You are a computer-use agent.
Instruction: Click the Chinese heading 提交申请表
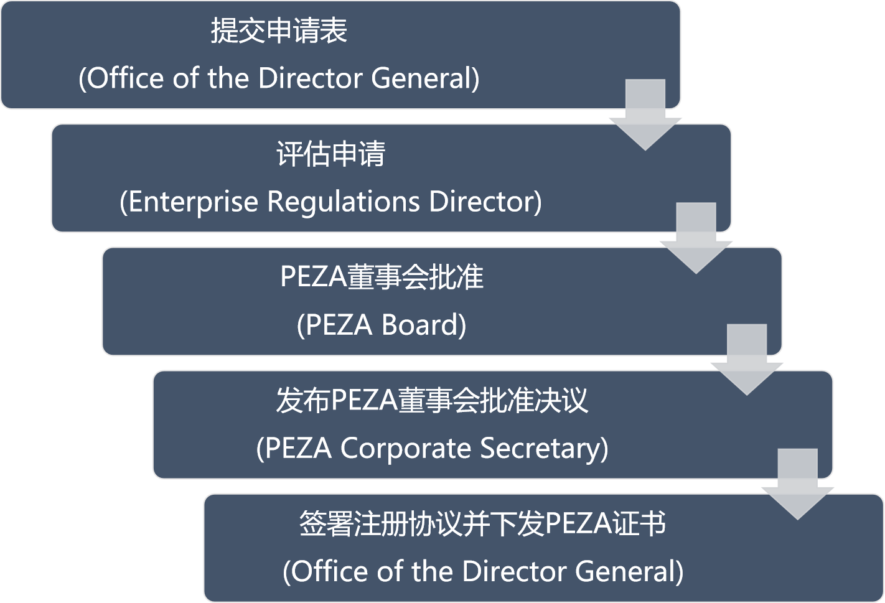278,31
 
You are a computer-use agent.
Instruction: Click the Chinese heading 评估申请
330,154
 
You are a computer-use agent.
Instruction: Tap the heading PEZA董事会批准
382,277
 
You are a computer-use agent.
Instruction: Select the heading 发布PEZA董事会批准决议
432,400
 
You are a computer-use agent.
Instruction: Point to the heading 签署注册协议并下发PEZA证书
482,523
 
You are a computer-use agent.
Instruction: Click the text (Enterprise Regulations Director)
330,202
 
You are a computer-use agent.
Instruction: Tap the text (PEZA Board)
382,325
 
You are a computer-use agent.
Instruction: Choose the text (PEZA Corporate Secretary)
432,448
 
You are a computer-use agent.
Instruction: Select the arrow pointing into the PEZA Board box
696,240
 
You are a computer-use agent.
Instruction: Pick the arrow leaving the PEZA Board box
747,362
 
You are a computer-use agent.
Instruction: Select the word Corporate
406,448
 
